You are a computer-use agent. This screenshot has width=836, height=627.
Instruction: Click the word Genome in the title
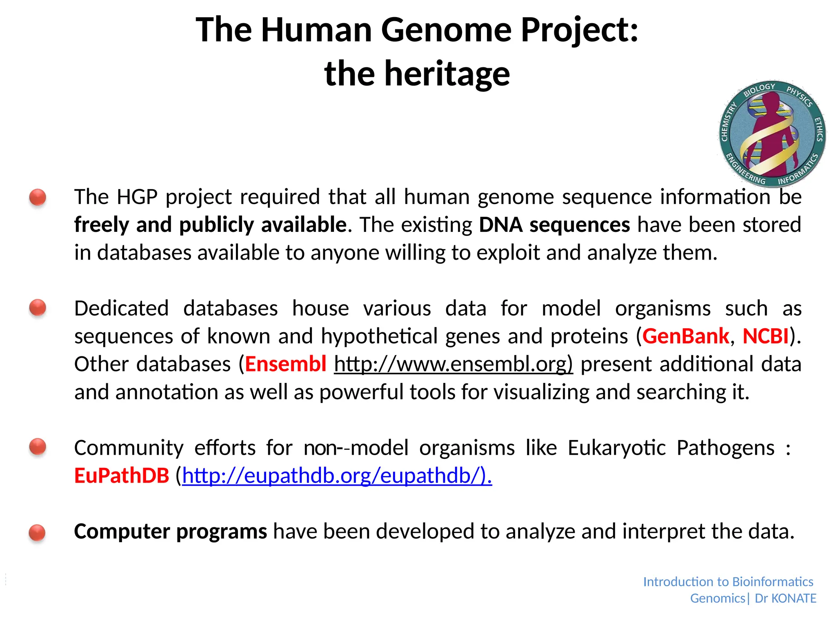click(447, 31)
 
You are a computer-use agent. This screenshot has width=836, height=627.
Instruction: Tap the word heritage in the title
click(447, 74)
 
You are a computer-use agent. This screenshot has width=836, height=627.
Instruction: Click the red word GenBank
click(685, 336)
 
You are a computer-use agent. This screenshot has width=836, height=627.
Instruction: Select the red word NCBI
click(765, 336)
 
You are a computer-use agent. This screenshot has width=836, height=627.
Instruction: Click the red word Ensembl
click(285, 364)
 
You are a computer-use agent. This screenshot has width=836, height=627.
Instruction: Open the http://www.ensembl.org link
click(453, 364)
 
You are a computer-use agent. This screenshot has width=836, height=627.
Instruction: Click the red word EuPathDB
click(122, 476)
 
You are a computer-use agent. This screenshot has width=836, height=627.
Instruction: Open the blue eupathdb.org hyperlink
click(337, 476)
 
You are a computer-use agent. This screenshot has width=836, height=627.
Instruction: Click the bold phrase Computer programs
click(170, 531)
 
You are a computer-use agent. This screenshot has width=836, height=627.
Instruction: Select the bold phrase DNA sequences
click(554, 225)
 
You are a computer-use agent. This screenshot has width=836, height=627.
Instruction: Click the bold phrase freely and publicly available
click(210, 225)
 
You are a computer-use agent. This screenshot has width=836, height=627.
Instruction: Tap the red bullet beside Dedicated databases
click(38, 308)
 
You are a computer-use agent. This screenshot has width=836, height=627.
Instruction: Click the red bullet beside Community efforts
click(38, 447)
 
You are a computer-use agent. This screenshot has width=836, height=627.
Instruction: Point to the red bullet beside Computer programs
click(38, 533)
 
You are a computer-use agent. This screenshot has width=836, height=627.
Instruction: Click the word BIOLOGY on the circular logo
click(759, 89)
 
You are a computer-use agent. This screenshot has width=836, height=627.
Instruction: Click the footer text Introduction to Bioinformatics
click(728, 582)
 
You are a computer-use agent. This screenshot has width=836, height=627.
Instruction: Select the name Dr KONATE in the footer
click(785, 598)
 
